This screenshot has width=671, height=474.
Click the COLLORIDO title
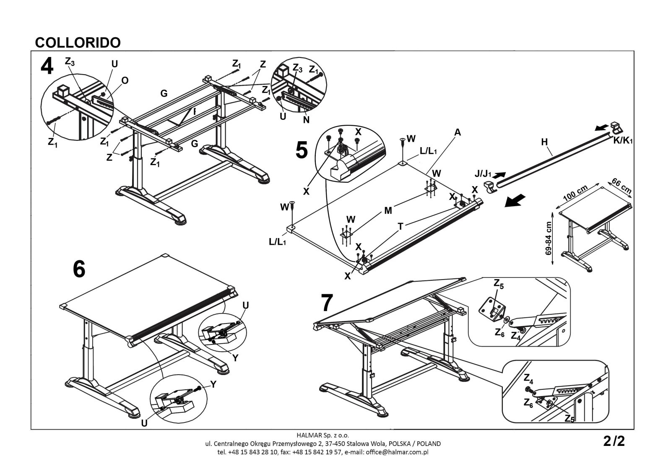pos(78,43)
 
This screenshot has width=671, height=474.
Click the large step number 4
pos(47,67)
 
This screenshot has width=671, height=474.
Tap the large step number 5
pos(302,150)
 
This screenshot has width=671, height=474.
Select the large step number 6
pos(79,269)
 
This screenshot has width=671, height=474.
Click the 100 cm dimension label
pos(575,193)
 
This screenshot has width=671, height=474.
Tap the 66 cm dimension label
pos(622,186)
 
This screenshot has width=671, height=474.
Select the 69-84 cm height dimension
pos(549,238)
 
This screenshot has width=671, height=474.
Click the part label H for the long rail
pos(544,142)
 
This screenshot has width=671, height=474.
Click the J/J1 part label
pos(483,173)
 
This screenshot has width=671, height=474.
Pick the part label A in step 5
pos(458,132)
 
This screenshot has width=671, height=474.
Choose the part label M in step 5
pos(388,211)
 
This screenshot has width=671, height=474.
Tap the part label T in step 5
pos(401,227)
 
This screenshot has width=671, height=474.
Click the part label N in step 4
pos(306,120)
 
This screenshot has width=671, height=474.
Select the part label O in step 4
pos(125,80)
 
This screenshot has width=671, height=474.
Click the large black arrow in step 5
pos(515,200)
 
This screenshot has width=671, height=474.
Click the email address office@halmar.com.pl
pos(397,452)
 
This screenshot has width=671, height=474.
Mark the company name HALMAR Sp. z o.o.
pos(322,435)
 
